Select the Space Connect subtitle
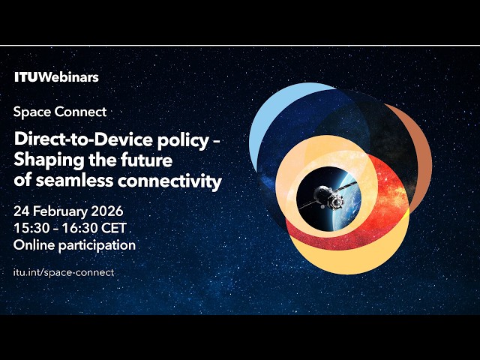60,112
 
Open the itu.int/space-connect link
64,272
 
